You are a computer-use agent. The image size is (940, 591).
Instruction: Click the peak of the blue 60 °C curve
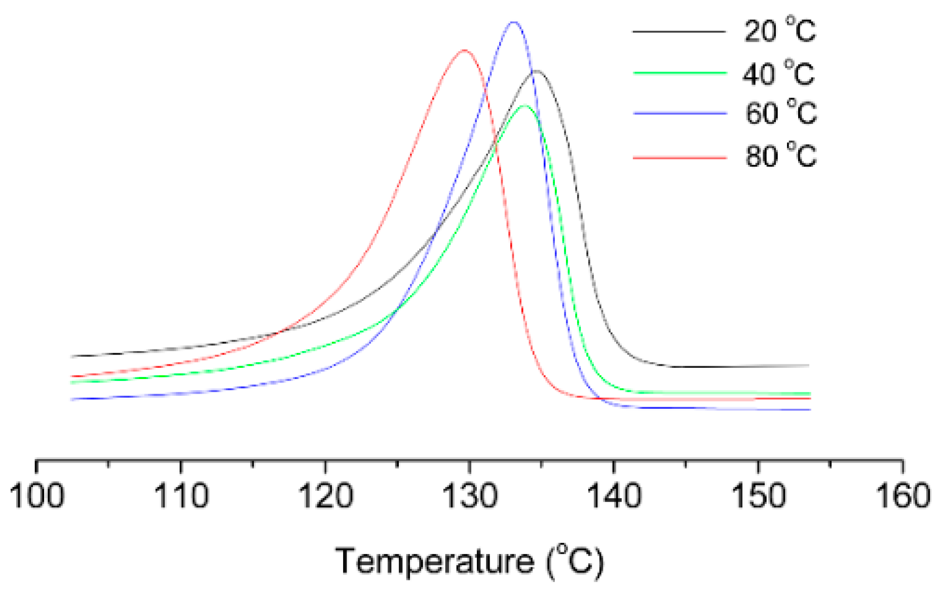(513, 22)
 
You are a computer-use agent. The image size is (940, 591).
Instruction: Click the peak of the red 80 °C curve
(464, 50)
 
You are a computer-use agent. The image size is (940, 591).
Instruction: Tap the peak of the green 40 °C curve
(524, 106)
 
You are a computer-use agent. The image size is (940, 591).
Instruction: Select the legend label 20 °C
(779, 30)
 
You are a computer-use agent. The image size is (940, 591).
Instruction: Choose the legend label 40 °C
(778, 74)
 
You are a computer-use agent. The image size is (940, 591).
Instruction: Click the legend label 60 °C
(780, 113)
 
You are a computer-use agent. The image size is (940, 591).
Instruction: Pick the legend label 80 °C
(780, 155)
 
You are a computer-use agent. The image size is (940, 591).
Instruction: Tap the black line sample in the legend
(679, 31)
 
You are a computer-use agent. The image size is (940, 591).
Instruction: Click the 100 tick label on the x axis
(37, 496)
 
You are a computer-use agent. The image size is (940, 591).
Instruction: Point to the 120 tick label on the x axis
(325, 496)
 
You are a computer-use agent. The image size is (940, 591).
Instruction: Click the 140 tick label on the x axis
(614, 496)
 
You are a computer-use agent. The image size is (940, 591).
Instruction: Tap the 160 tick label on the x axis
(903, 496)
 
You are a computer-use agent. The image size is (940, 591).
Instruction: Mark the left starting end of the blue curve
(72, 399)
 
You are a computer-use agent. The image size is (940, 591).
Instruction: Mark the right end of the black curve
(808, 365)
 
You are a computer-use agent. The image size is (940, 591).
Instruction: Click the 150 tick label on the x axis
(759, 496)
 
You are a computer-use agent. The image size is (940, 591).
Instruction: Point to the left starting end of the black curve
(72, 356)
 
